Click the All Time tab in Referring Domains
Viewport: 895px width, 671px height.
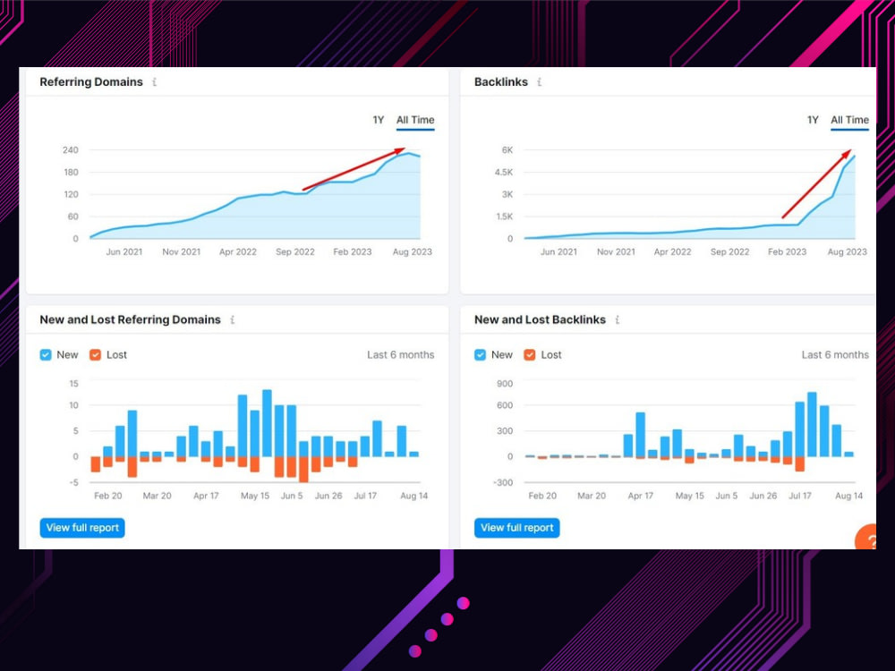(415, 120)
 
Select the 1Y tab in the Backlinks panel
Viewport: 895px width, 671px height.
(813, 120)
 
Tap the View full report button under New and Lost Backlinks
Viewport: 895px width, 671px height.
(516, 528)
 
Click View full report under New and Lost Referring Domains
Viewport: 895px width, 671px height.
(82, 528)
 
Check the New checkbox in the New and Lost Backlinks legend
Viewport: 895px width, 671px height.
(480, 355)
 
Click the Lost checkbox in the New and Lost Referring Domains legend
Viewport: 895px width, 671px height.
(96, 355)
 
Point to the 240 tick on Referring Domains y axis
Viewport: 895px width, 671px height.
(70, 150)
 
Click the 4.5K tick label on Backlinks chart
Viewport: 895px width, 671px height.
(503, 173)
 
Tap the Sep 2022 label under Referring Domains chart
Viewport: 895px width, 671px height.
(295, 251)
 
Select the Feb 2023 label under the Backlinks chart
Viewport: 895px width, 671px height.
(787, 251)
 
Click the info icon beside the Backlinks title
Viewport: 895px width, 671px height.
(540, 82)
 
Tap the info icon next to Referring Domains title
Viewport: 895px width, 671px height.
(155, 82)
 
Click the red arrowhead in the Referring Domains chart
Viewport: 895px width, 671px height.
(401, 151)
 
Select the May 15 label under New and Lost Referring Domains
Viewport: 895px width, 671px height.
(254, 496)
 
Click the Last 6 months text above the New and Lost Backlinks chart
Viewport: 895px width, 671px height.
(835, 355)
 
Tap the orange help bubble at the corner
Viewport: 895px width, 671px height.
(866, 538)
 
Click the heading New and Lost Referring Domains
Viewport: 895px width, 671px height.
(130, 320)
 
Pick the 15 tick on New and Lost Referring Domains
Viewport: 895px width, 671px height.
(73, 384)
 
